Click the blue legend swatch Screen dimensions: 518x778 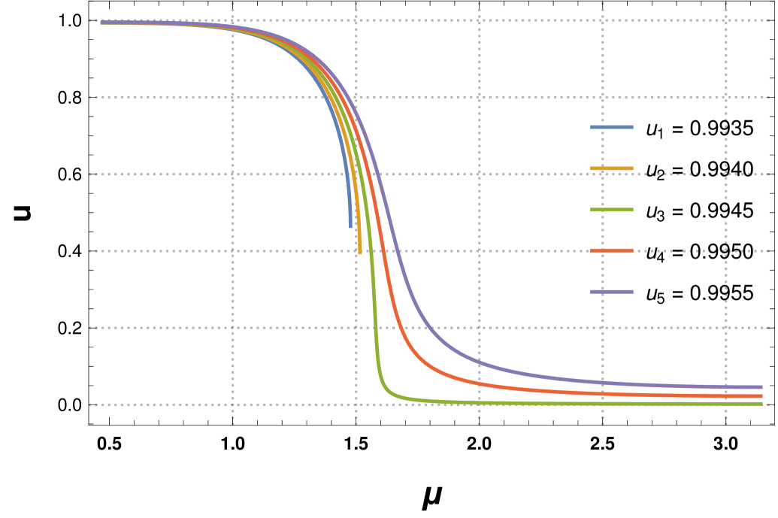pyautogui.click(x=612, y=127)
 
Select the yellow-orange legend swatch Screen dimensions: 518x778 pyautogui.click(x=612, y=168)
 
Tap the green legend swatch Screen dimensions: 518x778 pyautogui.click(x=612, y=210)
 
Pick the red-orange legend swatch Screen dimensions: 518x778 pyautogui.click(x=612, y=250)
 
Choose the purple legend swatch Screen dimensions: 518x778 pyautogui.click(x=612, y=292)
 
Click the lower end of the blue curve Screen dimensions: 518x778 pyautogui.click(x=350, y=226)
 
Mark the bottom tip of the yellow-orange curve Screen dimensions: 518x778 pyautogui.click(x=360, y=253)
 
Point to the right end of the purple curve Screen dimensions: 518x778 pyautogui.click(x=761, y=387)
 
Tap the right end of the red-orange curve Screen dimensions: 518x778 pyautogui.click(x=761, y=396)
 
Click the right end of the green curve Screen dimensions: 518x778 pyautogui.click(x=761, y=404)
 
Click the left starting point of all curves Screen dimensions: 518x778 pyautogui.click(x=102, y=23)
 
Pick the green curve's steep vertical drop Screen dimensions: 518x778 pyautogui.click(x=374, y=301)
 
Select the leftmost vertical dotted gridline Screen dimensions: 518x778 pyautogui.click(x=233, y=226)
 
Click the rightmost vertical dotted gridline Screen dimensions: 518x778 pyautogui.click(x=726, y=226)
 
